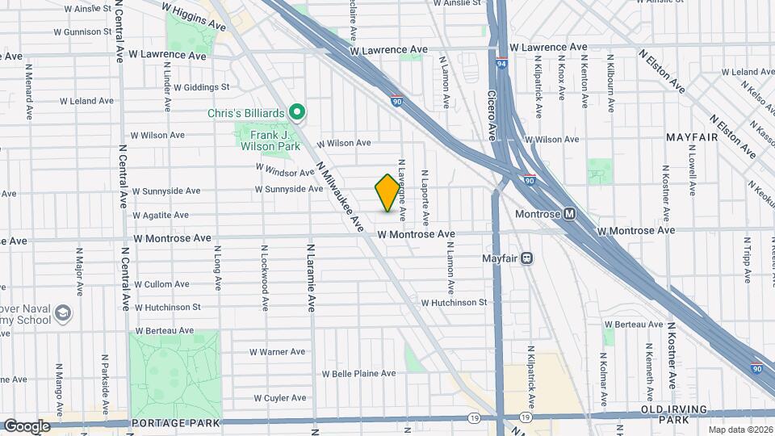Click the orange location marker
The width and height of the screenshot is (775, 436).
coord(388,193)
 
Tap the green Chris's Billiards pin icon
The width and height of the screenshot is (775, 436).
coord(297,112)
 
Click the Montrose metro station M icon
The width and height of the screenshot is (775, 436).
coord(570,214)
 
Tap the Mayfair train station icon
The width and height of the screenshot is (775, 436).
coord(526,258)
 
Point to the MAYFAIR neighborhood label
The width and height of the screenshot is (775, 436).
coord(691,138)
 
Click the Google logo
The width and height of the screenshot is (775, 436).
coord(26,426)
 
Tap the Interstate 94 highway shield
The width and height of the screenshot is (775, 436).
coord(501,64)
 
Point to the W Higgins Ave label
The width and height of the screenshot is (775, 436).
coord(194,15)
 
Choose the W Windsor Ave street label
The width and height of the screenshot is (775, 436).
coord(284,170)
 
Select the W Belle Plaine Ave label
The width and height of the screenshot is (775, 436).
coord(359,374)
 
